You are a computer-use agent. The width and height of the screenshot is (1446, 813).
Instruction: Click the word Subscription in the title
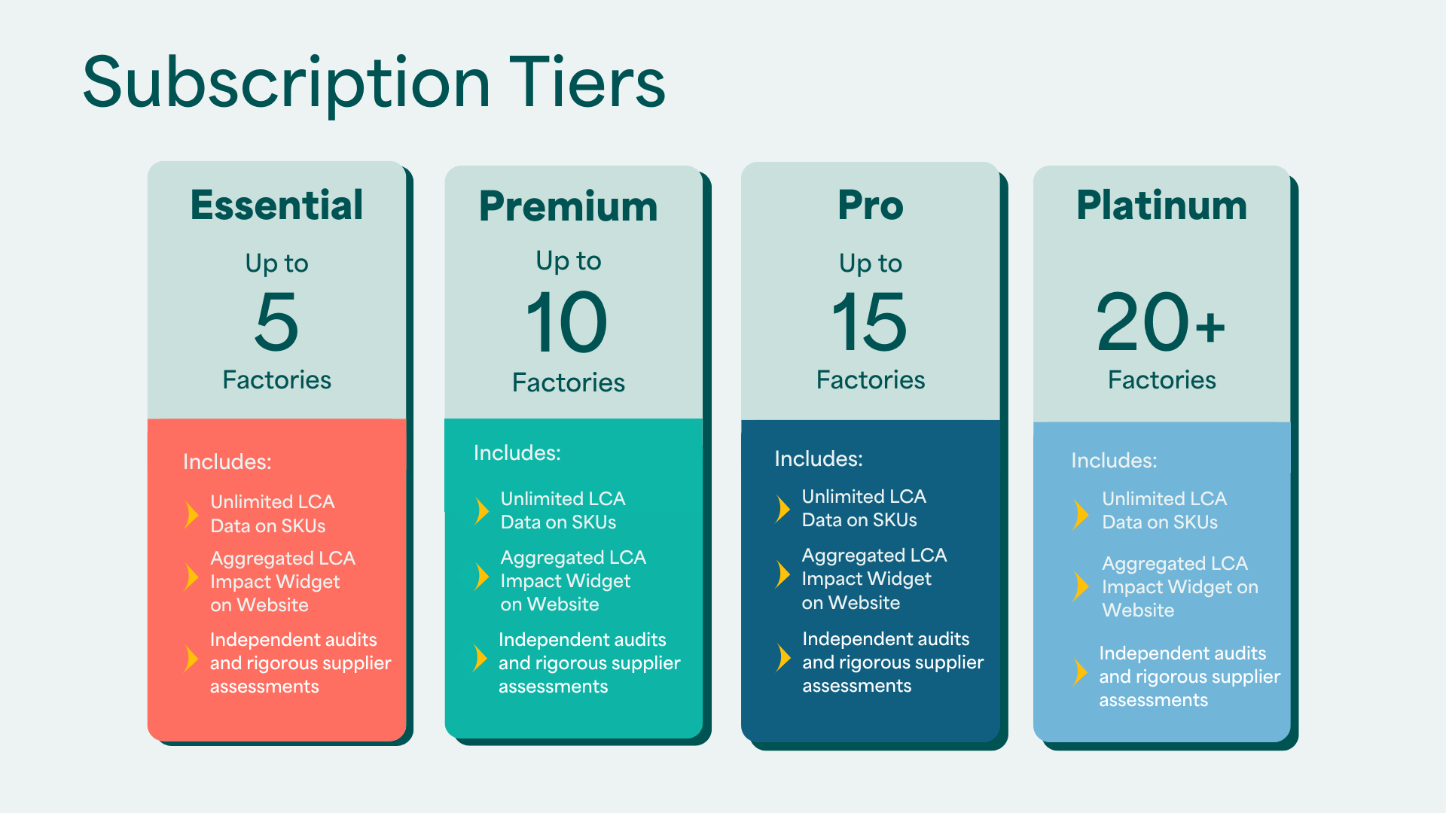click(x=287, y=84)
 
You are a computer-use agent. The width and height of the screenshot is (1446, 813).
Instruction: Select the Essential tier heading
click(x=276, y=205)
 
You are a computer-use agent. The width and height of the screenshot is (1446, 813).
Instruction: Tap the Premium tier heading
click(x=569, y=207)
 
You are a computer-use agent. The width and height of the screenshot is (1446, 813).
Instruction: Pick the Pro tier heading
click(x=871, y=205)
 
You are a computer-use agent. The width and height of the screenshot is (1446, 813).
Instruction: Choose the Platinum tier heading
click(x=1162, y=205)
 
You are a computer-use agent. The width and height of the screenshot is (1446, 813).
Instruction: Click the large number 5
click(x=277, y=321)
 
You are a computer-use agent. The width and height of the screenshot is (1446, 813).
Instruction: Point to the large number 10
click(x=567, y=322)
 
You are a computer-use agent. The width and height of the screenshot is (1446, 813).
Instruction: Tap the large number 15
click(x=870, y=322)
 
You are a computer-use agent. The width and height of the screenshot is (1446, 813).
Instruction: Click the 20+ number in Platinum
click(x=1161, y=322)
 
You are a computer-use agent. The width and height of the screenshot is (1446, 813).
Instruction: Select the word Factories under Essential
click(x=277, y=380)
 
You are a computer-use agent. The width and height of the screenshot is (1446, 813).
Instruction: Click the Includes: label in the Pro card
click(x=819, y=458)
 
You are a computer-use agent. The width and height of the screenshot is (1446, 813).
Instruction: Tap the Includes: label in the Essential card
click(x=227, y=461)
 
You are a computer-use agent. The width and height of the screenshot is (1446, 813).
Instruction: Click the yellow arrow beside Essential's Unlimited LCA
click(x=192, y=514)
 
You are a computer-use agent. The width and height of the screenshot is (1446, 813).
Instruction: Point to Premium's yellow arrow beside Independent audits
click(x=480, y=659)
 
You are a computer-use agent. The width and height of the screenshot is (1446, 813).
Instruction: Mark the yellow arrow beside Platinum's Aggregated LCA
click(x=1081, y=586)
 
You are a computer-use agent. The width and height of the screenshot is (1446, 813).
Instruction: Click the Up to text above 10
click(x=569, y=261)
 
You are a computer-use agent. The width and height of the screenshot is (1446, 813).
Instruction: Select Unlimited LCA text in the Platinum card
click(x=1164, y=498)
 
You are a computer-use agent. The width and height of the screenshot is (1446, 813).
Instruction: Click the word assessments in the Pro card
click(x=857, y=686)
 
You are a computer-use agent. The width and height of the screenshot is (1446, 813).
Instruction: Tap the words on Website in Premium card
click(x=550, y=604)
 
